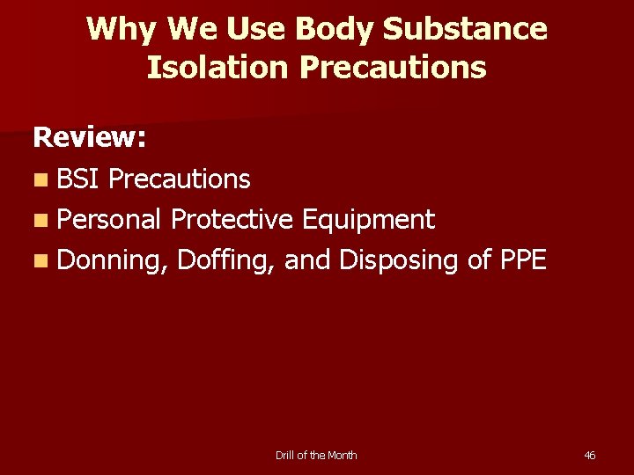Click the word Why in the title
click(122, 29)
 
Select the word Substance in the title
click(466, 29)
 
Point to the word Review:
click(90, 137)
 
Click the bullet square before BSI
click(41, 179)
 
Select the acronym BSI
click(79, 179)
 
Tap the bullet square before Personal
click(41, 220)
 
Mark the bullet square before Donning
click(41, 260)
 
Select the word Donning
click(114, 260)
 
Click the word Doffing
click(227, 260)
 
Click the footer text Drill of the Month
click(316, 455)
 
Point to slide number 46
click(590, 455)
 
